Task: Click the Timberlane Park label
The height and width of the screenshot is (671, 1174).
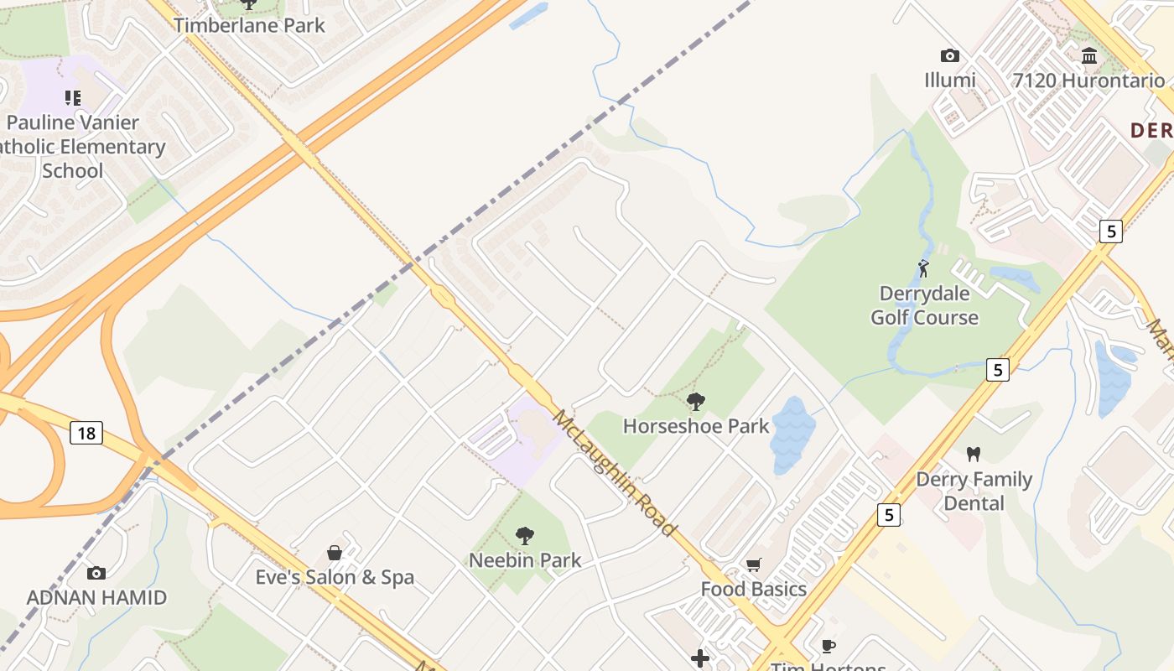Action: (249, 25)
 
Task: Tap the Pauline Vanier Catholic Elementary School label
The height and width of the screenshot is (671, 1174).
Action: (84, 147)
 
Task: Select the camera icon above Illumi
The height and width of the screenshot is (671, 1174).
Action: (949, 56)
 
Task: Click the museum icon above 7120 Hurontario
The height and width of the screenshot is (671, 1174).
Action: (1089, 56)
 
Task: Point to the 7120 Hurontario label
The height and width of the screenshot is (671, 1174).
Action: (1088, 81)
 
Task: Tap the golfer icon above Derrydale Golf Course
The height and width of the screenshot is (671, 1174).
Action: (923, 269)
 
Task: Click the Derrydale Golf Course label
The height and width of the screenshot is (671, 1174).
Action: (924, 305)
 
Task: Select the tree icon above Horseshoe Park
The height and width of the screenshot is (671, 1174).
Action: (695, 402)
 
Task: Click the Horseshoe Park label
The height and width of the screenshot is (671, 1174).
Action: (695, 426)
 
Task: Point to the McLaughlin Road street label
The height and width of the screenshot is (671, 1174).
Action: (614, 473)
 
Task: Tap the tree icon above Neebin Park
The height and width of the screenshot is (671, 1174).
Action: (525, 535)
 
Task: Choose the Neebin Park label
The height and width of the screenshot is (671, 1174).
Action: (525, 560)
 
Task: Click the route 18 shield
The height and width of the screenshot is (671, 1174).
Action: (86, 433)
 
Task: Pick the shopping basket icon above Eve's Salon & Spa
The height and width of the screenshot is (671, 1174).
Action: (335, 553)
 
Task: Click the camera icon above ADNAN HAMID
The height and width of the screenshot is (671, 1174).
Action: (96, 574)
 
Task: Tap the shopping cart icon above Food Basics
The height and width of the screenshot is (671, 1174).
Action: (753, 565)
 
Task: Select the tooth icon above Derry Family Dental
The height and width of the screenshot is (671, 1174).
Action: (973, 455)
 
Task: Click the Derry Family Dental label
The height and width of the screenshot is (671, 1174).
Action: (974, 492)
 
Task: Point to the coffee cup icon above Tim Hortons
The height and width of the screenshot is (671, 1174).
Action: (828, 646)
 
